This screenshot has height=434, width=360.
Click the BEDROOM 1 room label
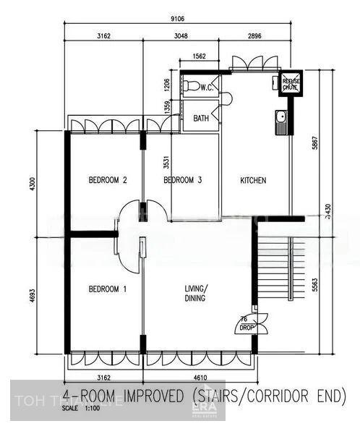pyautogui.click(x=108, y=289)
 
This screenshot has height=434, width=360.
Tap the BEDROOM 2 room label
pyautogui.click(x=108, y=180)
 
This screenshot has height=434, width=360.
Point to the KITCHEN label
pyautogui.click(x=253, y=180)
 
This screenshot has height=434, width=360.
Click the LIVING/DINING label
pyautogui.click(x=195, y=293)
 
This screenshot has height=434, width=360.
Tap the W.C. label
pyautogui.click(x=205, y=88)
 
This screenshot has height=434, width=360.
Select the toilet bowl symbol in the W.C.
pyautogui.click(x=191, y=87)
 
